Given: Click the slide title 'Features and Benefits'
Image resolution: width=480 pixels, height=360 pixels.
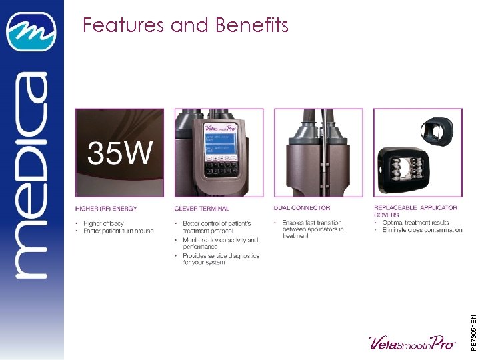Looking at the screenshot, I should pos(185,25).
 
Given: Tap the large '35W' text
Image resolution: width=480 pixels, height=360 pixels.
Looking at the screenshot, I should pos(120,154).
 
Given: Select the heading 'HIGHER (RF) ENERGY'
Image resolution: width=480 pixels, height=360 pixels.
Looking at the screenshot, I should pos(106,209).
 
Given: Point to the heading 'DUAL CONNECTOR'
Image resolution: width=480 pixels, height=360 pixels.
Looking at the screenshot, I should pos(301,208).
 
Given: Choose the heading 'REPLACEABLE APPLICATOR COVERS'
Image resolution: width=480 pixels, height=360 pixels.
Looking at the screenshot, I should pos(415,211).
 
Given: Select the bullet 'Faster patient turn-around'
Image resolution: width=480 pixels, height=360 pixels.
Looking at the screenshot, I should pos(119,231).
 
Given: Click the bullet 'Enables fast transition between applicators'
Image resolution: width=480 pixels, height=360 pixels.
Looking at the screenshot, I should pos(312,229).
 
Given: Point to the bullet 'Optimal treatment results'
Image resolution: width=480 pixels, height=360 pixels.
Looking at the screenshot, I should pos(415,223).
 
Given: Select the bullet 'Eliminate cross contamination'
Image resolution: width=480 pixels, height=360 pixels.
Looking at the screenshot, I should pos(422,230).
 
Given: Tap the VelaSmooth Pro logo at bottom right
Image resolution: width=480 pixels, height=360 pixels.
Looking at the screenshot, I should pos(411,343).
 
